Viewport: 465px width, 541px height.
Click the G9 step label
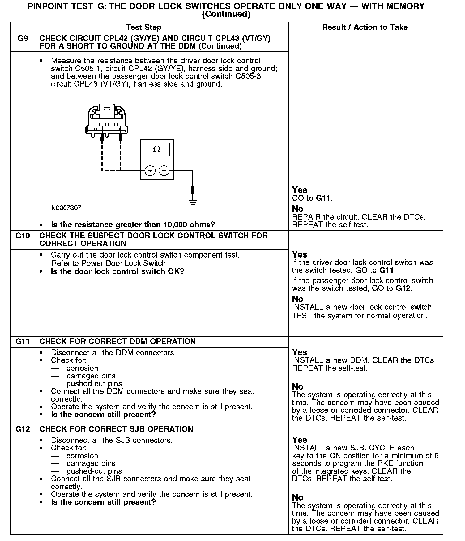click(23, 39)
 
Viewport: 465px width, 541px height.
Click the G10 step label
click(23, 236)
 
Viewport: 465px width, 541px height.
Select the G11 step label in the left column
click(23, 342)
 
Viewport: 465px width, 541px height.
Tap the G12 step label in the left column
click(23, 429)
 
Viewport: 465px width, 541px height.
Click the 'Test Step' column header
click(143, 28)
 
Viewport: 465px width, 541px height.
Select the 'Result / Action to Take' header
click(365, 28)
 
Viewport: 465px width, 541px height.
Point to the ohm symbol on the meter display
click(157, 150)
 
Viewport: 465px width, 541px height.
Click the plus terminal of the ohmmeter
click(150, 171)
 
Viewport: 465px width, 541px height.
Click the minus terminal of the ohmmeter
click(164, 171)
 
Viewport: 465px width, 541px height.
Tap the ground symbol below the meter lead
click(193, 202)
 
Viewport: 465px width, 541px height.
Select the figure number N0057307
click(66, 208)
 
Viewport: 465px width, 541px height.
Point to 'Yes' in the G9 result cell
click(300, 190)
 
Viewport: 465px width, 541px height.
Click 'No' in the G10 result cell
click(298, 299)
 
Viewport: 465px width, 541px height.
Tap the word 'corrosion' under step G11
click(82, 368)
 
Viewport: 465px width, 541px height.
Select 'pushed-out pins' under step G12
click(94, 471)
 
